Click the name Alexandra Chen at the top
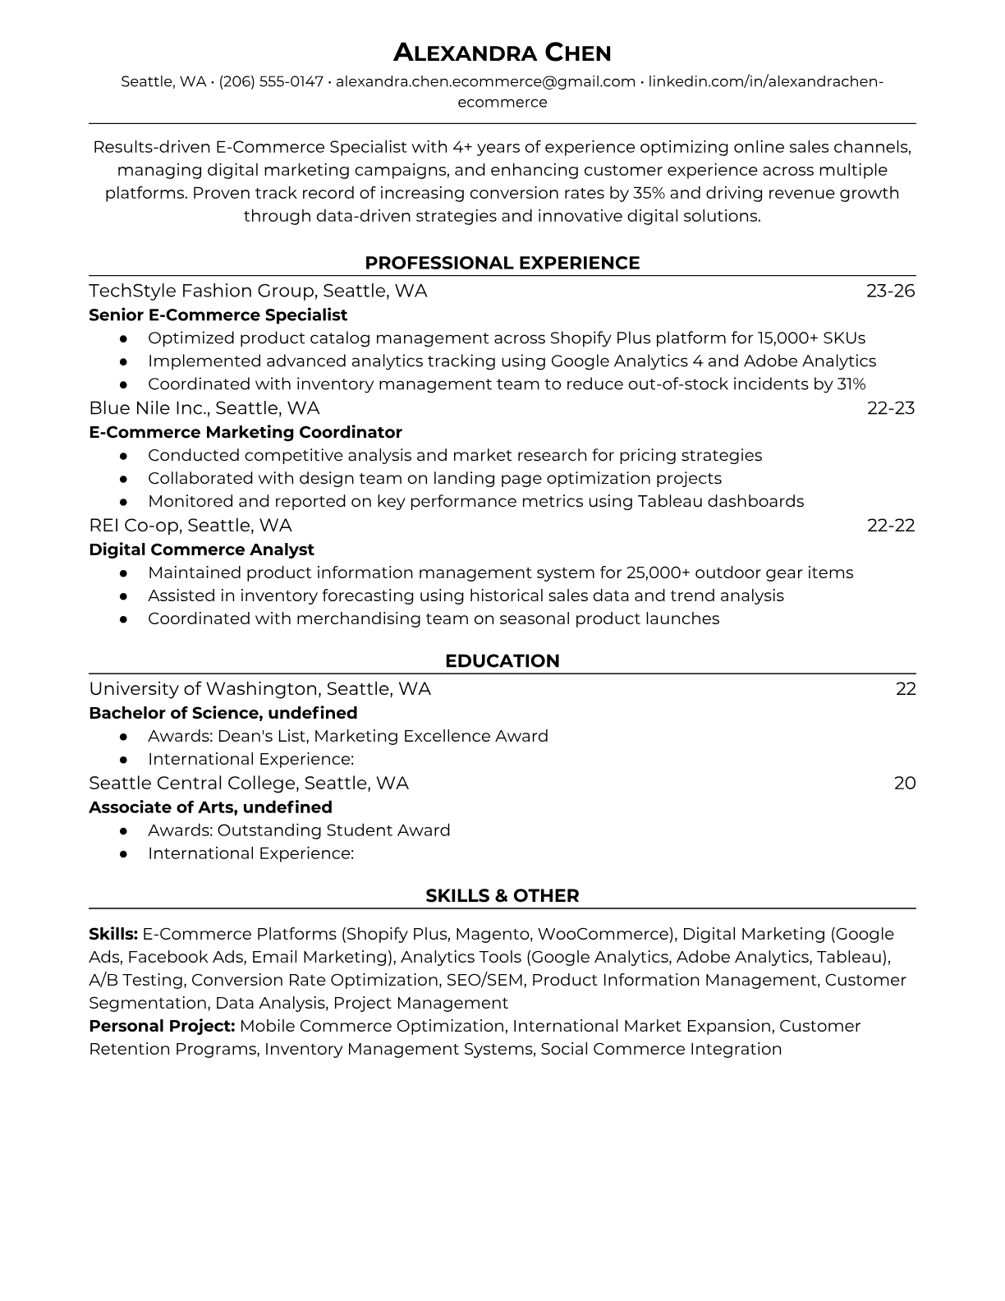pos(502,53)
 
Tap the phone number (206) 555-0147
pos(271,81)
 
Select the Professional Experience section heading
pos(502,263)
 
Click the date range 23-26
pos(890,291)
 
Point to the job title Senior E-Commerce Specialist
pos(218,315)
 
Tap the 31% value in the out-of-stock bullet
pos(851,384)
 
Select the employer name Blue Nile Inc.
pos(148,408)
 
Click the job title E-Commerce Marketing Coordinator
pos(245,432)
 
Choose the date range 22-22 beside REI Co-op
pos(890,526)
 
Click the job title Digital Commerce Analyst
pos(201,549)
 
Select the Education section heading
pos(502,661)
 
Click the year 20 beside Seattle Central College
pos(904,783)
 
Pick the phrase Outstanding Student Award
pos(333,830)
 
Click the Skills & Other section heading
pos(502,896)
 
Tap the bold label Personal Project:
pos(162,1026)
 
